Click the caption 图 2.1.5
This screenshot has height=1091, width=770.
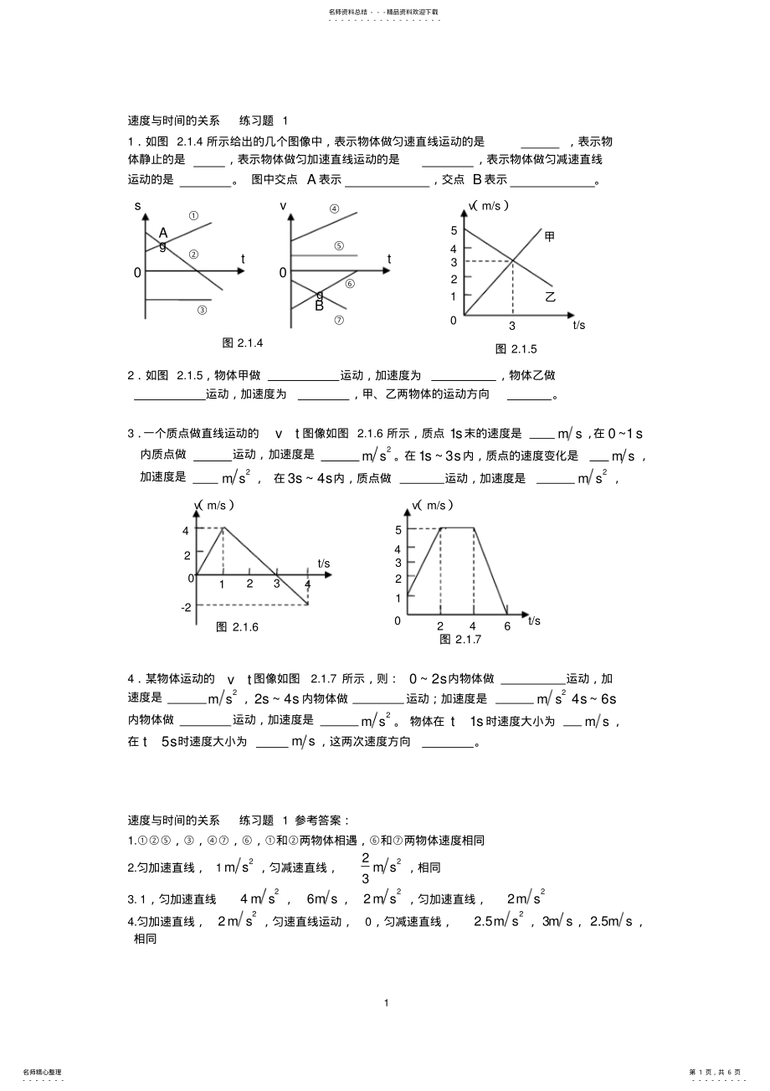pos(516,348)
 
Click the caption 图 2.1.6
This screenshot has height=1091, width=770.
pos(238,626)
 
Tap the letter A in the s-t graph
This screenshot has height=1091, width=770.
pos(163,232)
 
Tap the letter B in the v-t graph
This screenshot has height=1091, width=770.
pos(319,306)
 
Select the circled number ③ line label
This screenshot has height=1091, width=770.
pos(202,310)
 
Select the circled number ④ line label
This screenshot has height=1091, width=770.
pos(334,209)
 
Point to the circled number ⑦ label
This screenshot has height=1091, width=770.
pos(339,320)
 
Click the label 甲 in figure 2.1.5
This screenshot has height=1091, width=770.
pos(550,236)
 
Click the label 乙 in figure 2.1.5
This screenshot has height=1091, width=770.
pos(550,296)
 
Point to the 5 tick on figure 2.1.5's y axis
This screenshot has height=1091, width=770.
pos(454,230)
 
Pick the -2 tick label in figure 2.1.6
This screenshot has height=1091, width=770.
pos(185,606)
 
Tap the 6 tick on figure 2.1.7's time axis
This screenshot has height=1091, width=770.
pos(506,626)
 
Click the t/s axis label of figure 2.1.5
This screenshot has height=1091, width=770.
pos(579,326)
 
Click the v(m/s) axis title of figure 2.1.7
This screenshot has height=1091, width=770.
pos(434,505)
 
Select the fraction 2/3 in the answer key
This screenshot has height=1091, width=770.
pos(366,868)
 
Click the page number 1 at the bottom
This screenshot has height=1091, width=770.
pos(386,1002)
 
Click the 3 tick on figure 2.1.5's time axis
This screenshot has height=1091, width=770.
pos(512,326)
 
